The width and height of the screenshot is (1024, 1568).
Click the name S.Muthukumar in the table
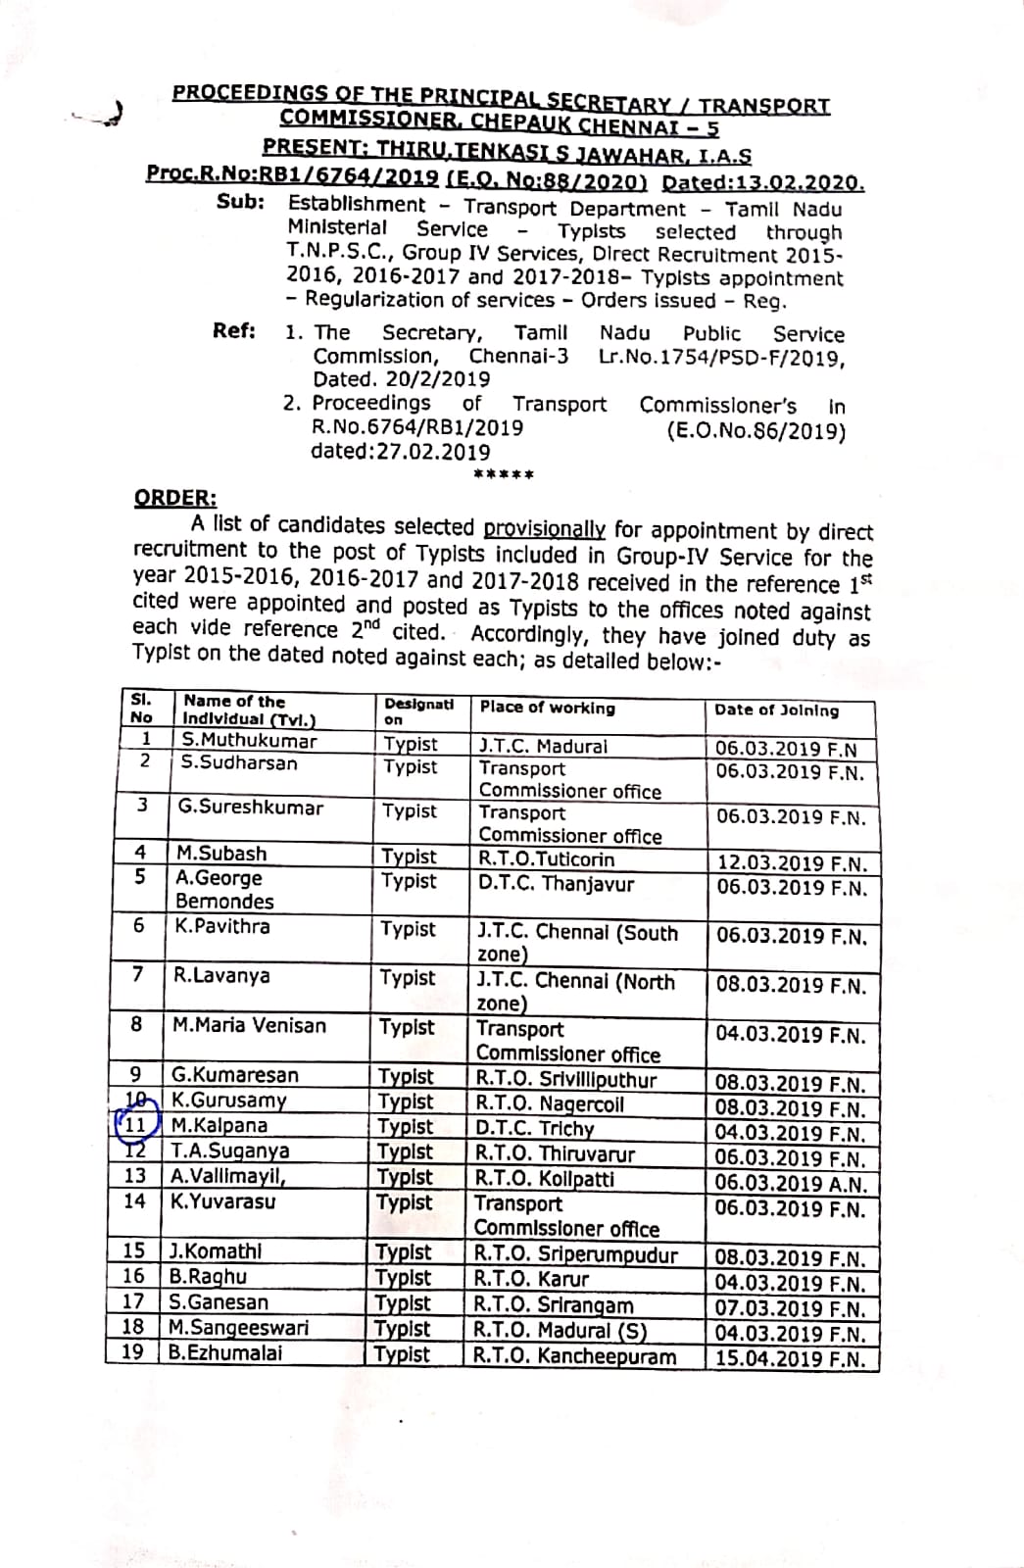(x=249, y=741)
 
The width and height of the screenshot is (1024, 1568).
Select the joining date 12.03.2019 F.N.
(x=791, y=863)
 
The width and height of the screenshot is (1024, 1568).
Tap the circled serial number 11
(x=133, y=1125)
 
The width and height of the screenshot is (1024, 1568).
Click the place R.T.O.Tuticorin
(x=546, y=859)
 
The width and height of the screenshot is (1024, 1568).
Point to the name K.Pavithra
(x=222, y=926)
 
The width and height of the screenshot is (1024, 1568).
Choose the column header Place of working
(x=547, y=708)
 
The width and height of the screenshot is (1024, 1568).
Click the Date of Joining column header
(x=776, y=710)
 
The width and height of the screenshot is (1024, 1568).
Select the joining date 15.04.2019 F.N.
(x=790, y=1359)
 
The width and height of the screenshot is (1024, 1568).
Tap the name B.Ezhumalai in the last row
(x=225, y=1352)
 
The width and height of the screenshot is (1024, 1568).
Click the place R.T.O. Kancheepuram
(x=575, y=1356)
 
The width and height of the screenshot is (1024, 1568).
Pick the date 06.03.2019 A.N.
(x=791, y=1184)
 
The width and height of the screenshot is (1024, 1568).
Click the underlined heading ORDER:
(x=175, y=498)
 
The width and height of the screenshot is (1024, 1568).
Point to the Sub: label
(x=240, y=202)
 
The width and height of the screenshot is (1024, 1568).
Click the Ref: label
(x=234, y=330)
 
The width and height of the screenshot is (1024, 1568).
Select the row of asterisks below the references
(x=503, y=475)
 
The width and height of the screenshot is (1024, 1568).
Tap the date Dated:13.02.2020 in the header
(x=763, y=183)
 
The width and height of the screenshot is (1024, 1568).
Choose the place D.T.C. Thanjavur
(x=556, y=884)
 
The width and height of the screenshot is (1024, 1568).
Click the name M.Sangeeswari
(x=238, y=1327)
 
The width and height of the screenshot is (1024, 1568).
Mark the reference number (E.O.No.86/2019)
(x=756, y=430)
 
